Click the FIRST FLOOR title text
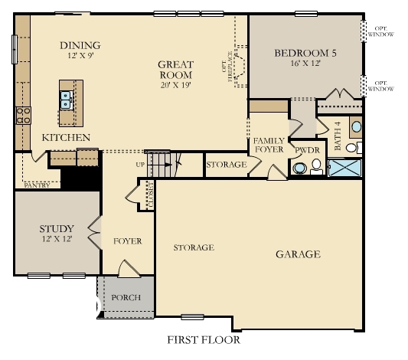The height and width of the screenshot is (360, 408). coord(203,339)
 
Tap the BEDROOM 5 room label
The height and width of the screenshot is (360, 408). coord(305,54)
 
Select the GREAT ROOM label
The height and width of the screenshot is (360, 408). coord(175,70)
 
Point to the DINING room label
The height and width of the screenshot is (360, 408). coord(80,45)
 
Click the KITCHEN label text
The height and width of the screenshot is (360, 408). coord(66,138)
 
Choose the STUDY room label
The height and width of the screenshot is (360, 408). coord(57,229)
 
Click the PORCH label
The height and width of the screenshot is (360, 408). coord(126,297)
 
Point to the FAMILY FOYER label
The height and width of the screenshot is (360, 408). coord(269,146)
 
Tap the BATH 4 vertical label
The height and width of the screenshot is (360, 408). coord(338,136)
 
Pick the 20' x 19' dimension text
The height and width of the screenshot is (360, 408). coord(175,86)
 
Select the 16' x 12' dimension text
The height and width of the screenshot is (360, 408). coord(305,64)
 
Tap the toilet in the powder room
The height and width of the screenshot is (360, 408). coord(299,168)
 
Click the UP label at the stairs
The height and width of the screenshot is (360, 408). coord(139,164)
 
